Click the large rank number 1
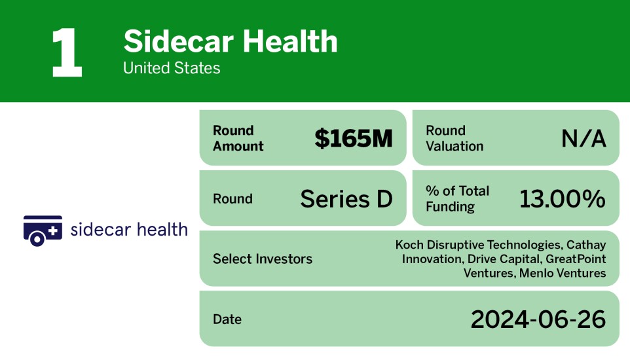tap(67, 53)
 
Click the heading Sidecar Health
tap(231, 41)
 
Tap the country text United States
tap(172, 68)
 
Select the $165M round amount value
tap(353, 138)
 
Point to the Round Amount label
tap(238, 138)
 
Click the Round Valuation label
tap(454, 138)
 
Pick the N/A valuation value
tap(583, 138)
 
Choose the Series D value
tap(346, 199)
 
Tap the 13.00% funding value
tap(562, 199)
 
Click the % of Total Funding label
tap(457, 199)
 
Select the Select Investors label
tap(263, 259)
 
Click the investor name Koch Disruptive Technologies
tap(477, 245)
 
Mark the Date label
tap(227, 319)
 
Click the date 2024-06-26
tap(538, 319)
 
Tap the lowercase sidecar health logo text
tap(128, 230)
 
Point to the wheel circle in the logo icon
tap(37, 239)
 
